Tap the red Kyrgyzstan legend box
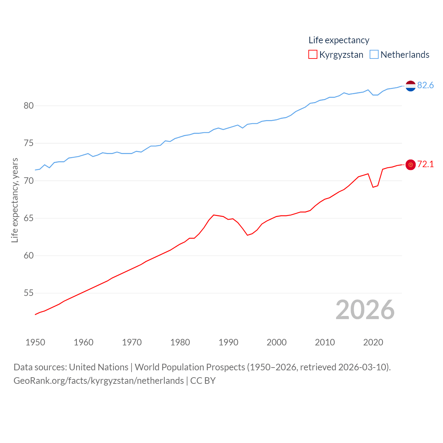(313, 55)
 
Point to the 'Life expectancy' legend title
(339, 40)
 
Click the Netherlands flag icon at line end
(410, 86)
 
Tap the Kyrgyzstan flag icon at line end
(410, 165)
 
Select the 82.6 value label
(425, 85)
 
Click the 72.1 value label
(425, 164)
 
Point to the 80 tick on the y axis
(29, 106)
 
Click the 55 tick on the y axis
(29, 293)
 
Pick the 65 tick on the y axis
(29, 218)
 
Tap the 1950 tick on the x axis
(35, 342)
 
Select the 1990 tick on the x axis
(228, 342)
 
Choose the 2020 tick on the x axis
(373, 342)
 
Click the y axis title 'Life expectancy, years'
(15, 200)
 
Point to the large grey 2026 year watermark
(365, 309)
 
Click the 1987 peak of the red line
(214, 215)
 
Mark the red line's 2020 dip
(373, 187)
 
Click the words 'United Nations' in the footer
(99, 367)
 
